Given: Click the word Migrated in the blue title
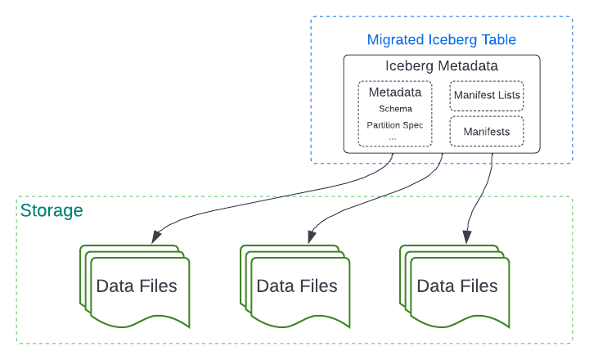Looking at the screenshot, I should click(396, 39).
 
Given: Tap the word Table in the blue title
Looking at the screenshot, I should click(497, 39).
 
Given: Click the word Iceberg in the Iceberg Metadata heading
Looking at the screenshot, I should click(411, 66).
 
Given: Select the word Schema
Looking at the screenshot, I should click(395, 109).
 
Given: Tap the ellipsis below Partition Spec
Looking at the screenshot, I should click(393, 137).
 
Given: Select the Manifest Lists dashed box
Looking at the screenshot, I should click(486, 96).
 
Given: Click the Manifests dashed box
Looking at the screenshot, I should click(486, 131).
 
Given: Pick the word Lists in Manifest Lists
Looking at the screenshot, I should click(508, 96).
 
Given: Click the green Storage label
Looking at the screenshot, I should click(52, 211).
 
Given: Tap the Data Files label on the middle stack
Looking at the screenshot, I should click(297, 286).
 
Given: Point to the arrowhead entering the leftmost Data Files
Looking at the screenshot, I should click(155, 237).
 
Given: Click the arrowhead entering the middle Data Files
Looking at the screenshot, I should click(310, 237).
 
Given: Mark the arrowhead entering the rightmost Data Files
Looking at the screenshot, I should click(467, 236).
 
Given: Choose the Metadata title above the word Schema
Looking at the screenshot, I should click(395, 92).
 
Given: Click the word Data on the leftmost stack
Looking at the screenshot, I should click(114, 286).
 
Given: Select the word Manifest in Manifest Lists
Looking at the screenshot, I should click(474, 96).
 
